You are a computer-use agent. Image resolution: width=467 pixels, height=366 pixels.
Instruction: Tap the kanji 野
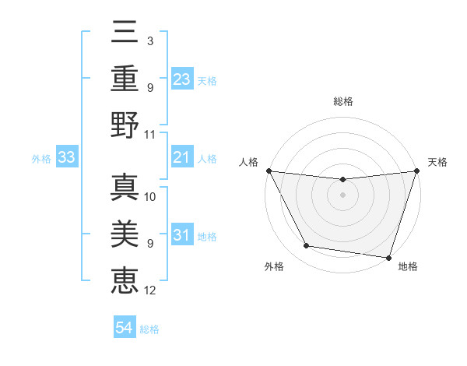point(125,125)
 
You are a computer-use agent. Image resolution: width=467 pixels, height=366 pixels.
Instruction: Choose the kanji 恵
point(125,279)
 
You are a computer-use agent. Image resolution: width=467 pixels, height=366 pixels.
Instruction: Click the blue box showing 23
point(181,79)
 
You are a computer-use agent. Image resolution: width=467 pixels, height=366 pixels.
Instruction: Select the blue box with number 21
point(181,158)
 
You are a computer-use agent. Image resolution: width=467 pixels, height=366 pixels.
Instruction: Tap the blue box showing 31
point(181,235)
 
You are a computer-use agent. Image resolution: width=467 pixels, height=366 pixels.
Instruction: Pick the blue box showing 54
point(125,328)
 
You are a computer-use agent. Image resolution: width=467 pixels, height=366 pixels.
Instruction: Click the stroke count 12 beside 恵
point(150,290)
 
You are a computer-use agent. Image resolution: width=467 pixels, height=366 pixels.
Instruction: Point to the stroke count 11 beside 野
point(150,135)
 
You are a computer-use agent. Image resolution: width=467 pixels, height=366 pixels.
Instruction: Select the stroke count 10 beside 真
point(150,196)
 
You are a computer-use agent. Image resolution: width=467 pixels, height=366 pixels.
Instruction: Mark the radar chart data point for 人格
point(269,171)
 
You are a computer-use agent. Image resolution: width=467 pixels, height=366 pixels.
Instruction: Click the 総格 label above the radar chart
point(343,101)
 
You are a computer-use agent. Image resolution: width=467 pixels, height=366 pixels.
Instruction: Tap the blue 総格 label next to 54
point(149,329)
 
